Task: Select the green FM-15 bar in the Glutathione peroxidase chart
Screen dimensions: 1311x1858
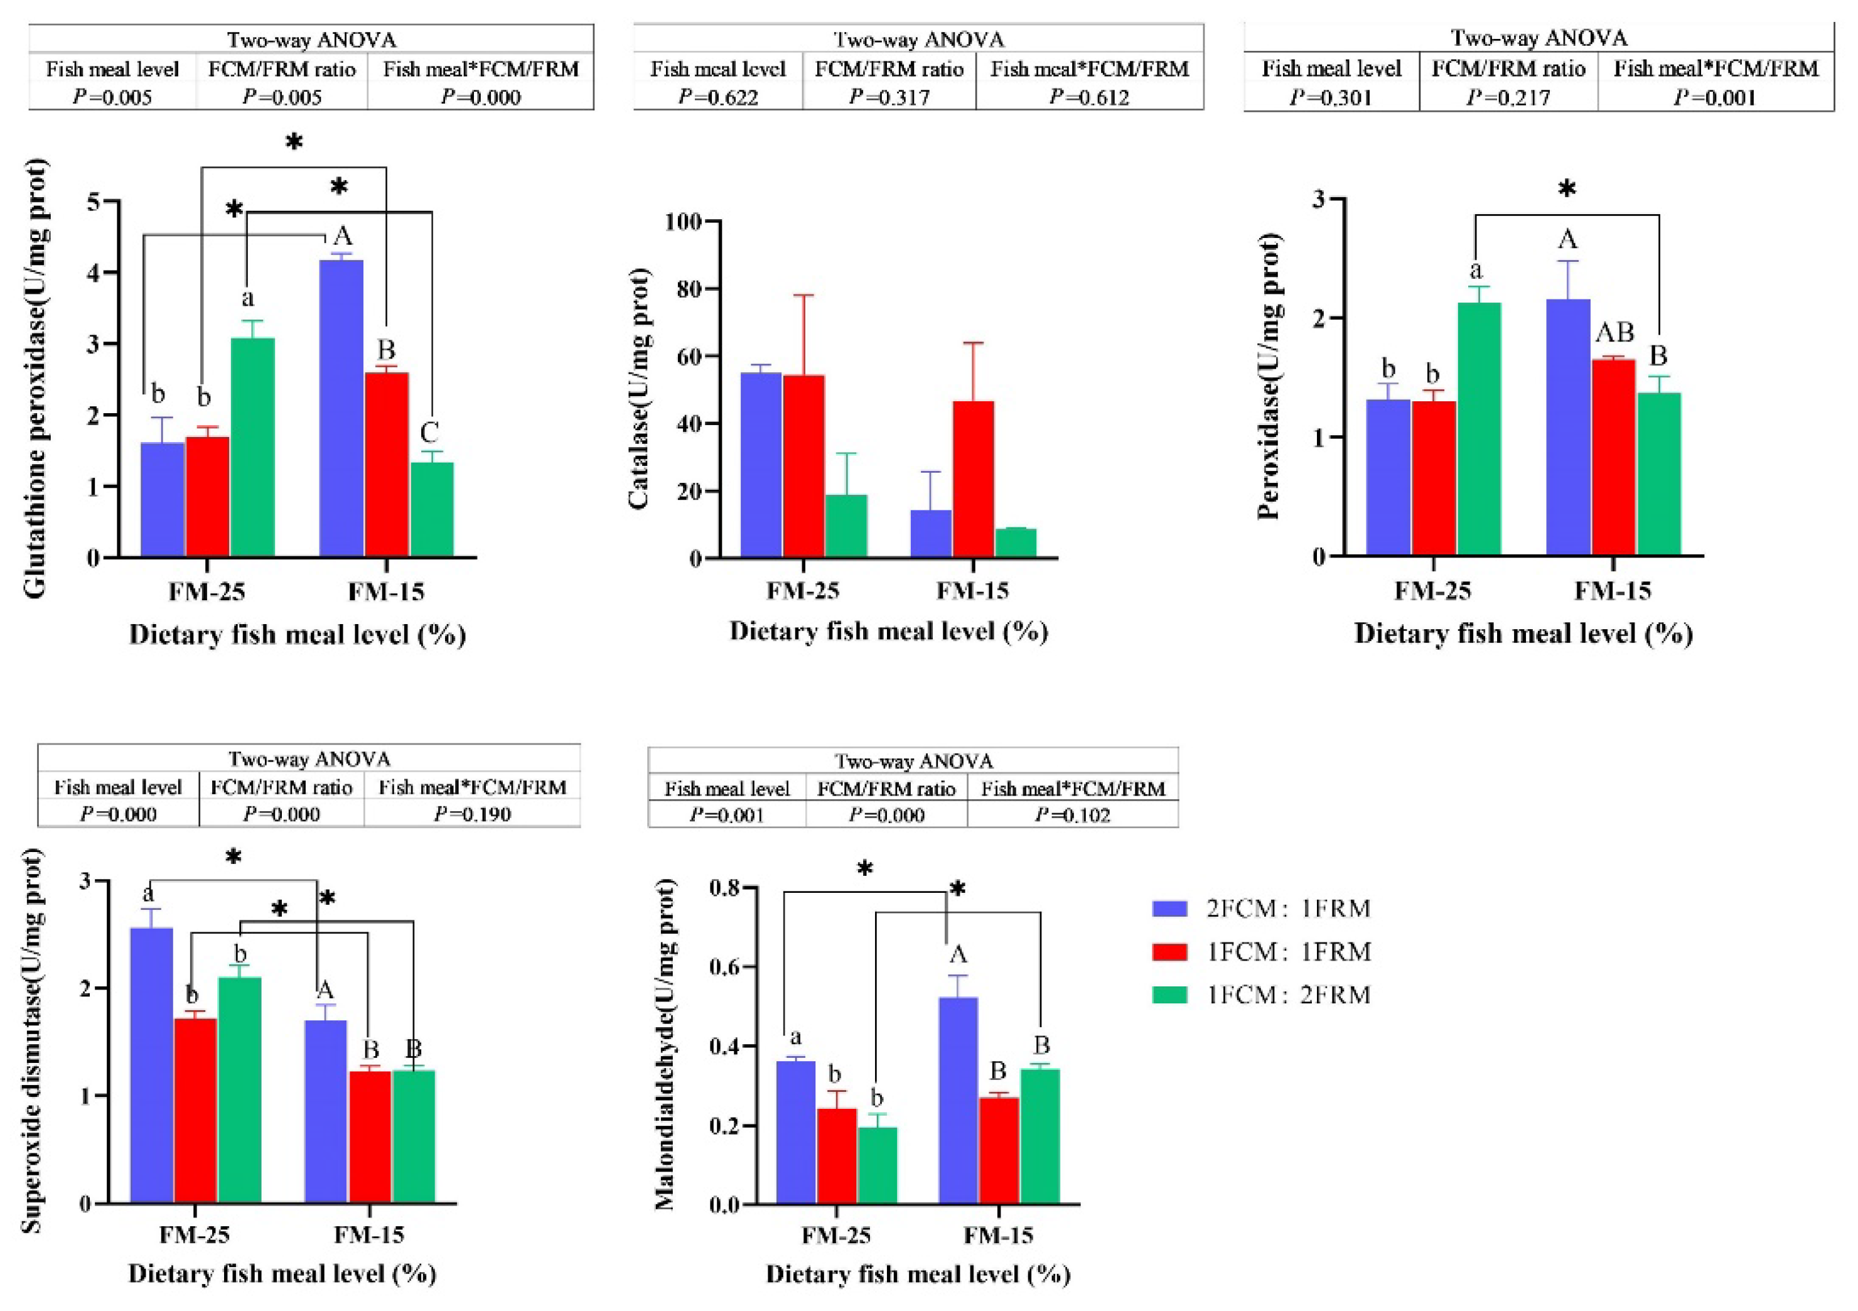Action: [431, 509]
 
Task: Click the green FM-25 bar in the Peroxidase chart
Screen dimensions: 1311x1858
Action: [1478, 429]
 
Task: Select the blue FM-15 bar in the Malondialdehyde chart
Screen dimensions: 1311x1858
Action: [958, 1101]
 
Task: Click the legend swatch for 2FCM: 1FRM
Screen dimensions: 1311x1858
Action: [1169, 908]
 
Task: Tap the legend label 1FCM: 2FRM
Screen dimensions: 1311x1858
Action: [1288, 994]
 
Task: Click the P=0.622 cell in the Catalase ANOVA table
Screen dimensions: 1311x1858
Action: [718, 97]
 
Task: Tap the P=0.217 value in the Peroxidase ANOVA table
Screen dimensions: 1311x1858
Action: [1508, 97]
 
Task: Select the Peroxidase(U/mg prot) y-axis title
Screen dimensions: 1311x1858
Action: [1270, 376]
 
